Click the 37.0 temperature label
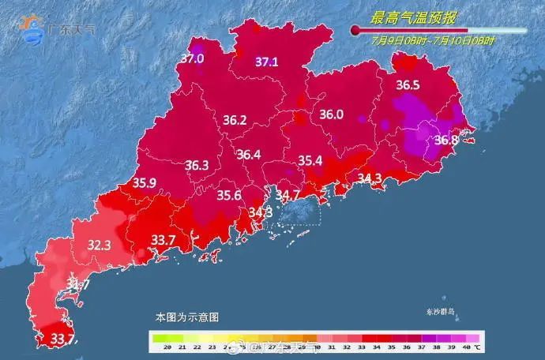pos(193,58)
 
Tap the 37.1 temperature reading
pos(266,62)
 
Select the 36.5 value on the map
pos(408,84)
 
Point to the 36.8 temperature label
pos(446,141)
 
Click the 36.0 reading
pos(331,114)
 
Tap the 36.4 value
pos(248,155)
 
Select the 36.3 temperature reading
pos(197,166)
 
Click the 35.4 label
pos(310,161)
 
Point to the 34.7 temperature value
pos(286,194)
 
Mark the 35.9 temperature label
pos(145,183)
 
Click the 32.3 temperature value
pos(99,246)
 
